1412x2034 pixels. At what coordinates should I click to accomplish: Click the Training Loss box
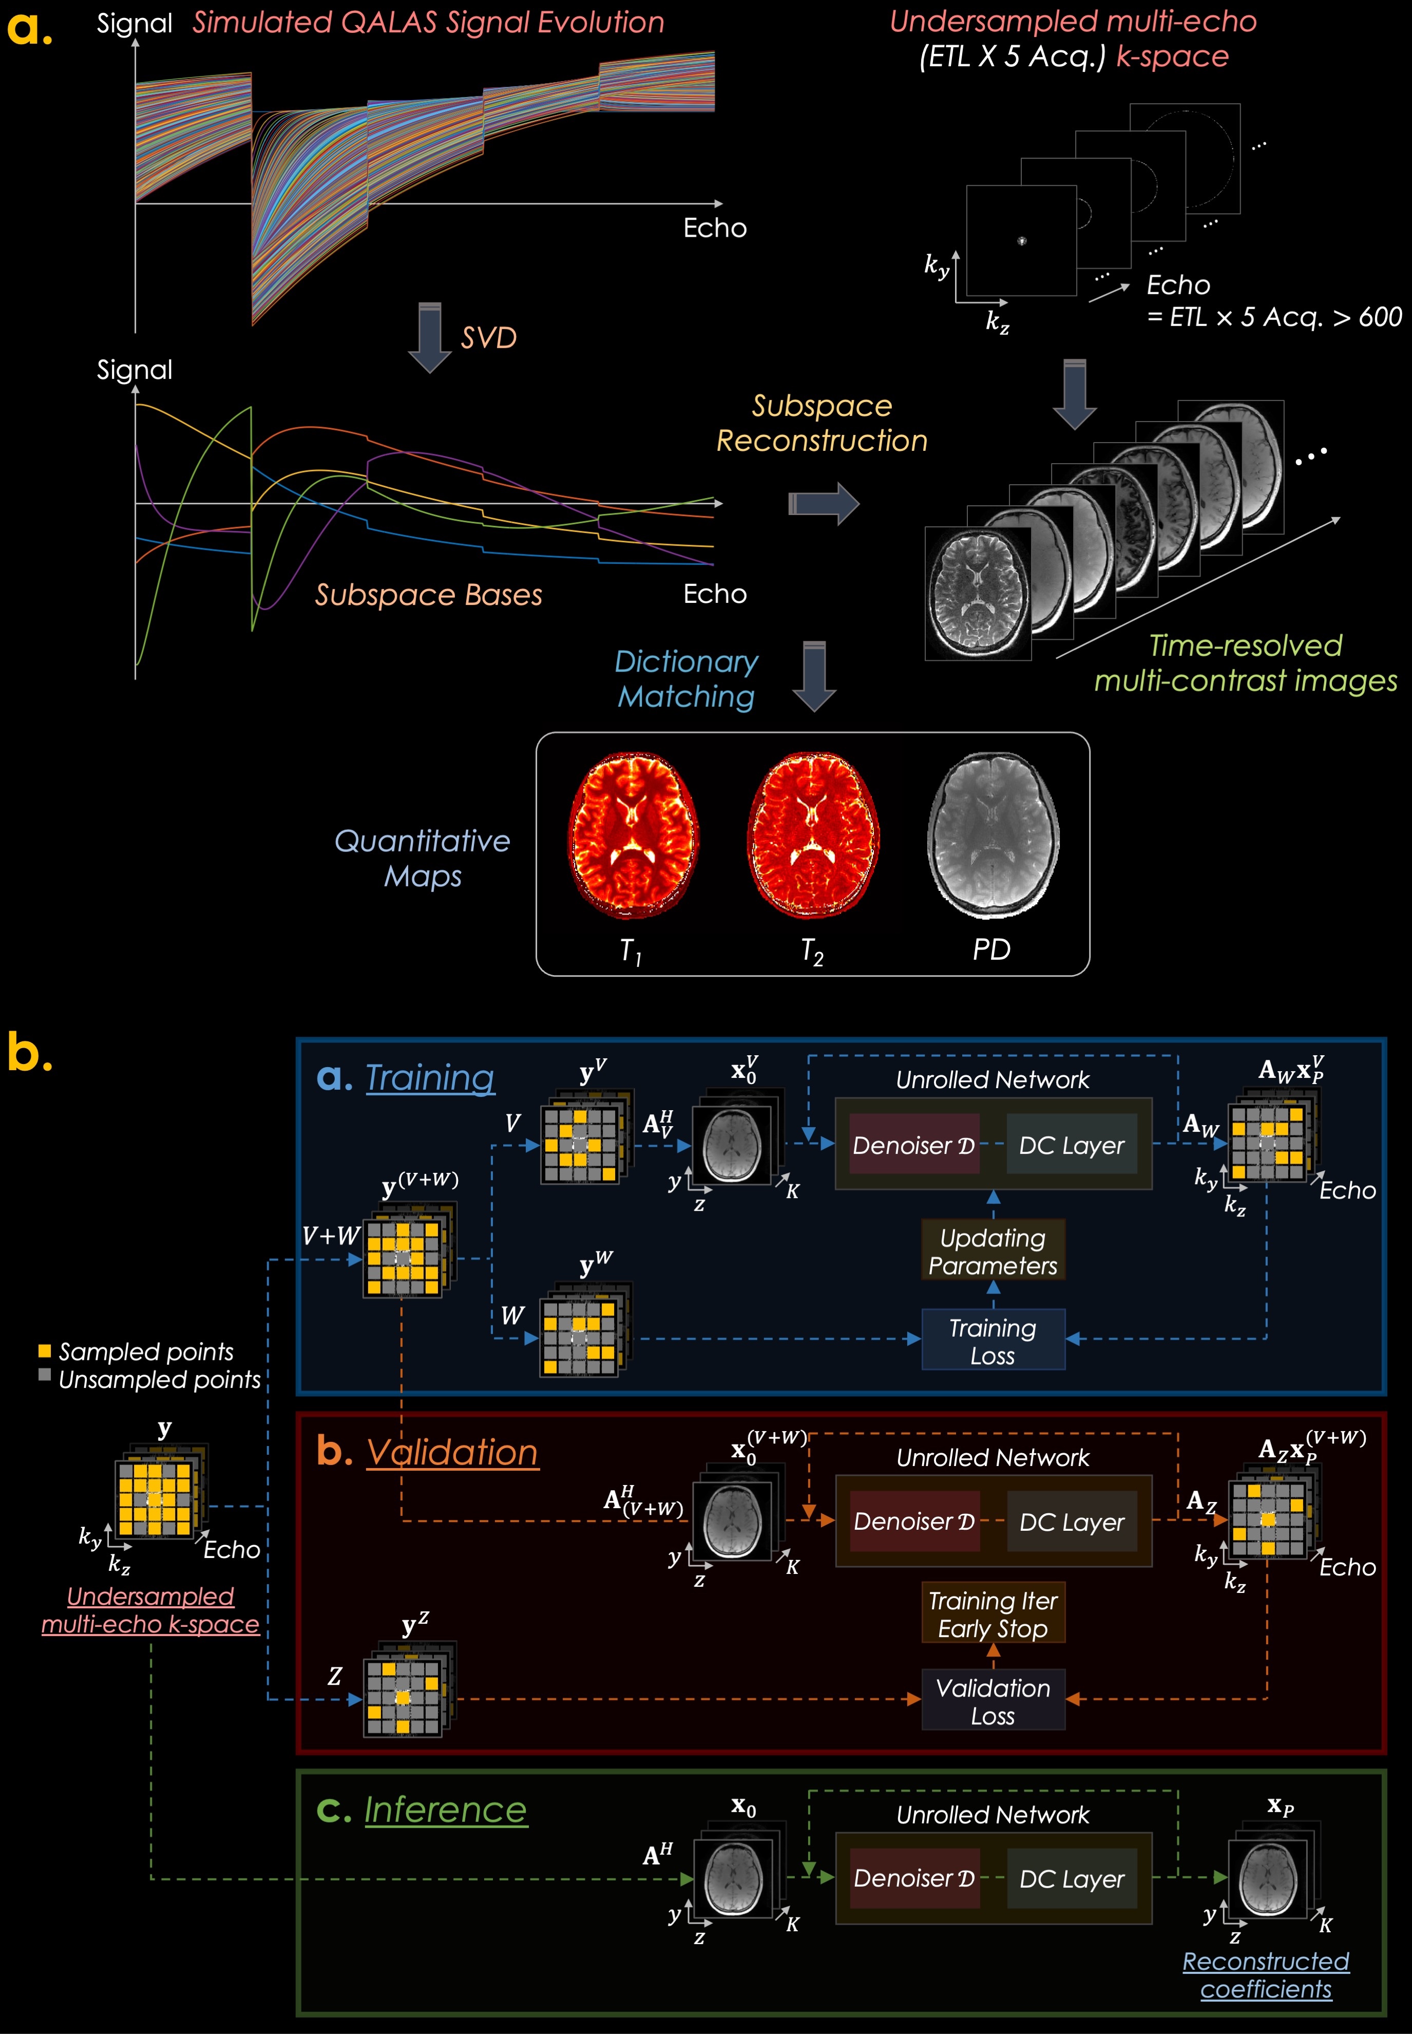coord(993,1341)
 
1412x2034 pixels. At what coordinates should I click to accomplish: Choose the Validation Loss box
coord(993,1701)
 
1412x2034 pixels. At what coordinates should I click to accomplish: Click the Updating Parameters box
coord(993,1251)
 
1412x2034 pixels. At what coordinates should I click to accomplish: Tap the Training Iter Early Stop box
coord(993,1614)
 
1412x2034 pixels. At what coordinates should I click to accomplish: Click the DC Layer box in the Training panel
coord(1072,1145)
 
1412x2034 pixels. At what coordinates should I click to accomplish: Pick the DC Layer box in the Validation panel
coord(1072,1522)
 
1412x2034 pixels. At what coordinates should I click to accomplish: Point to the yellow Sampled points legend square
coord(44,1351)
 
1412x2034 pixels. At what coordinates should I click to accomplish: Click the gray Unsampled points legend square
coord(44,1375)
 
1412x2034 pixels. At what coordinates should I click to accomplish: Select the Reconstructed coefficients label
coord(1266,1975)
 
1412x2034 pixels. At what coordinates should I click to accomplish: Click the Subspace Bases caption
coord(428,595)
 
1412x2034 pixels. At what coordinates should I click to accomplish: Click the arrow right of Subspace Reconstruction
coord(824,504)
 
